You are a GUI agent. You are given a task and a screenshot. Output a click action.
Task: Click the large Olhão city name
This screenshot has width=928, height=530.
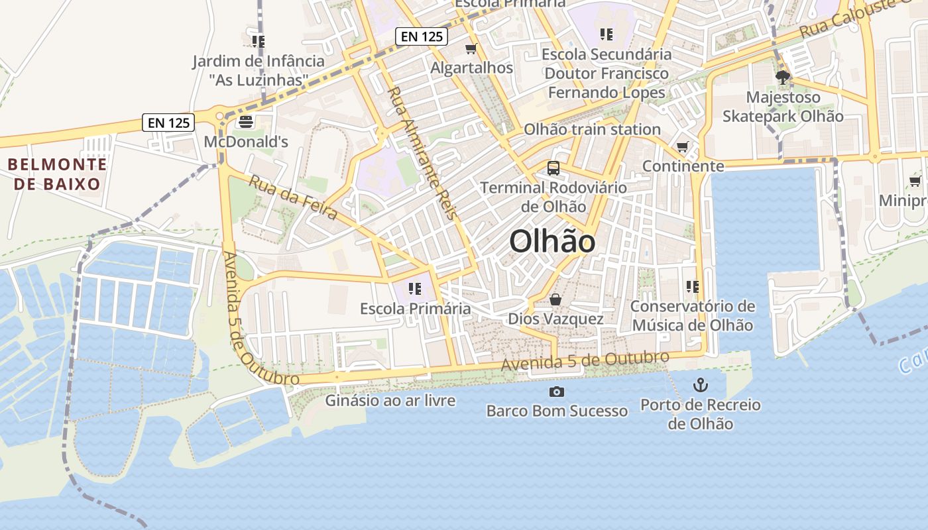point(552,242)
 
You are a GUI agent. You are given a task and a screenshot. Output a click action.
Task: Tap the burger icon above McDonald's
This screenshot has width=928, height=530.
point(246,121)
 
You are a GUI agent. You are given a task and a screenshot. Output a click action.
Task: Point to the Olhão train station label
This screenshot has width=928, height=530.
point(592,129)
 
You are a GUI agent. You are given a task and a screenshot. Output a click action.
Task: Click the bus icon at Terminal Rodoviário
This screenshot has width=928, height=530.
point(553,168)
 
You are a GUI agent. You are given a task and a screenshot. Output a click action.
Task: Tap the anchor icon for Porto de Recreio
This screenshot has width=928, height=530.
point(700,384)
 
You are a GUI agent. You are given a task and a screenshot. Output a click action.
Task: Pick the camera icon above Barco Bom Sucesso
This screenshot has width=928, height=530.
point(557,392)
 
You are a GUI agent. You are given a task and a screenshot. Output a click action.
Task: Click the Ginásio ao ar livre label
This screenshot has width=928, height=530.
point(390,400)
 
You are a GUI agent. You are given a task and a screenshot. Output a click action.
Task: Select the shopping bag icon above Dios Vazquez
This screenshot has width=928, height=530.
point(555,300)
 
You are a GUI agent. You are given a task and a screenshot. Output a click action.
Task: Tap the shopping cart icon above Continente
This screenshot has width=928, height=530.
point(683,146)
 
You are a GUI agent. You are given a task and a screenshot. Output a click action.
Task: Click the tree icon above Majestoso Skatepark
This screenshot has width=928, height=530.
point(782,78)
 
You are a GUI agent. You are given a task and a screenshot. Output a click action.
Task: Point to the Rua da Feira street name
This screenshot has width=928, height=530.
point(293,197)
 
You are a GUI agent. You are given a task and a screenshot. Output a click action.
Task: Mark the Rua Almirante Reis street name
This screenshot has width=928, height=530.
point(422,152)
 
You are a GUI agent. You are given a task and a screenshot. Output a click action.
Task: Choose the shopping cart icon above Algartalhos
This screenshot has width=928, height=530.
point(471,48)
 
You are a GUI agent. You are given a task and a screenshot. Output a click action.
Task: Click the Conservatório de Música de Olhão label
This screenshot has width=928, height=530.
point(692,315)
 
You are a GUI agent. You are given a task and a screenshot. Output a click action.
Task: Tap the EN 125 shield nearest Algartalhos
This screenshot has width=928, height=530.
point(422,36)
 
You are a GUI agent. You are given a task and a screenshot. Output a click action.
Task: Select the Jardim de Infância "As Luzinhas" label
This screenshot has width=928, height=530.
point(259,70)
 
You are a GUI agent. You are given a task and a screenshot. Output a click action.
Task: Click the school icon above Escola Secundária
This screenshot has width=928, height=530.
point(606,34)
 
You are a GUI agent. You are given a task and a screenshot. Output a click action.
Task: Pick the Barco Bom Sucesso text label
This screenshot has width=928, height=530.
point(557,411)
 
